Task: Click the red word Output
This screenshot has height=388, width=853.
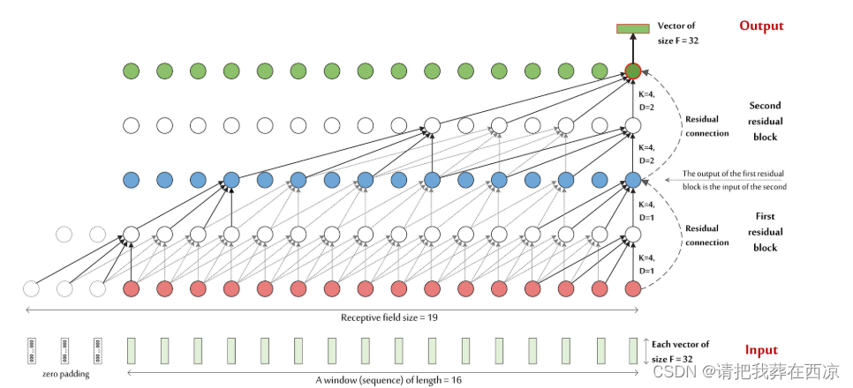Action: [761, 26]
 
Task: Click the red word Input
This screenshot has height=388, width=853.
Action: [760, 349]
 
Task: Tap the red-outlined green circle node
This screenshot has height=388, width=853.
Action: [632, 71]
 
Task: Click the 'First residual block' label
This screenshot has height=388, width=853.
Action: [765, 231]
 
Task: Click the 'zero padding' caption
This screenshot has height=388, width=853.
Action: [64, 374]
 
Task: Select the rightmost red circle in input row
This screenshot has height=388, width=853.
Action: [632, 288]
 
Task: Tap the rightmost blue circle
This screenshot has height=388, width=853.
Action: [632, 180]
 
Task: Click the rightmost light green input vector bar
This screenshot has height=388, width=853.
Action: [633, 350]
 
